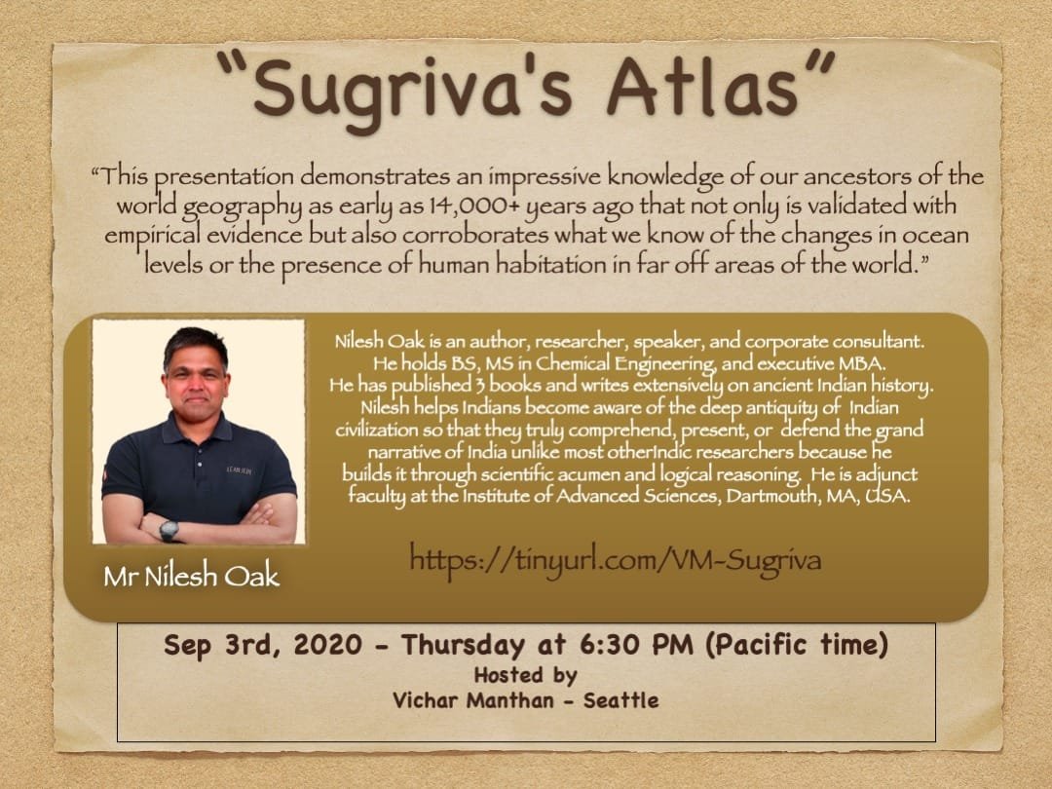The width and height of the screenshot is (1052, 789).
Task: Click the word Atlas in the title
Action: pyautogui.click(x=721, y=87)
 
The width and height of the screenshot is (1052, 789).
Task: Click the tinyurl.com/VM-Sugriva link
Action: pyautogui.click(x=615, y=559)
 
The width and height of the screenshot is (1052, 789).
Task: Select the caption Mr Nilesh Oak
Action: pyautogui.click(x=191, y=576)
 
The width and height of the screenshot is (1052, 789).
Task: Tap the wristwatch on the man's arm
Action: pyautogui.click(x=169, y=529)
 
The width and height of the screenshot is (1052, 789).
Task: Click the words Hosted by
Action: pyautogui.click(x=525, y=674)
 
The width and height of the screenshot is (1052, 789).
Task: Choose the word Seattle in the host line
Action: pyautogui.click(x=620, y=699)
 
